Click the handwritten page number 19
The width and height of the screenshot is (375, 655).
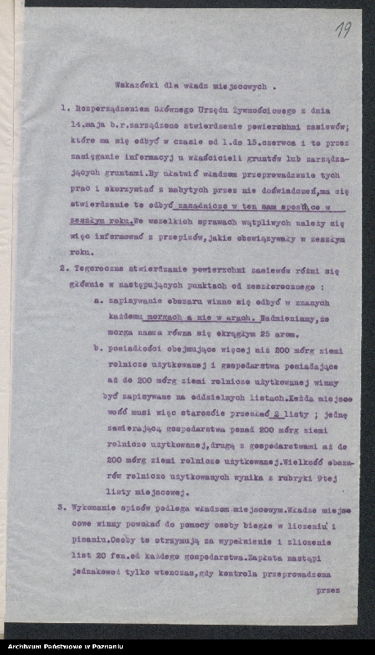click(x=343, y=31)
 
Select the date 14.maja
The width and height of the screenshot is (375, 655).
click(x=87, y=124)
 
